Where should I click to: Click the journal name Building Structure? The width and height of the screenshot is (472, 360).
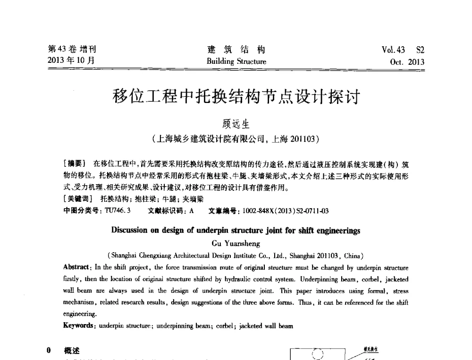[x=236, y=61]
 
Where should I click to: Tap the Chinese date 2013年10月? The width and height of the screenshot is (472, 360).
[x=71, y=60]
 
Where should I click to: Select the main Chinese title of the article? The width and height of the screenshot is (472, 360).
[x=236, y=98]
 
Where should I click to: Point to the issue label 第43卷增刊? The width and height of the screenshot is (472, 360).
[x=72, y=49]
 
